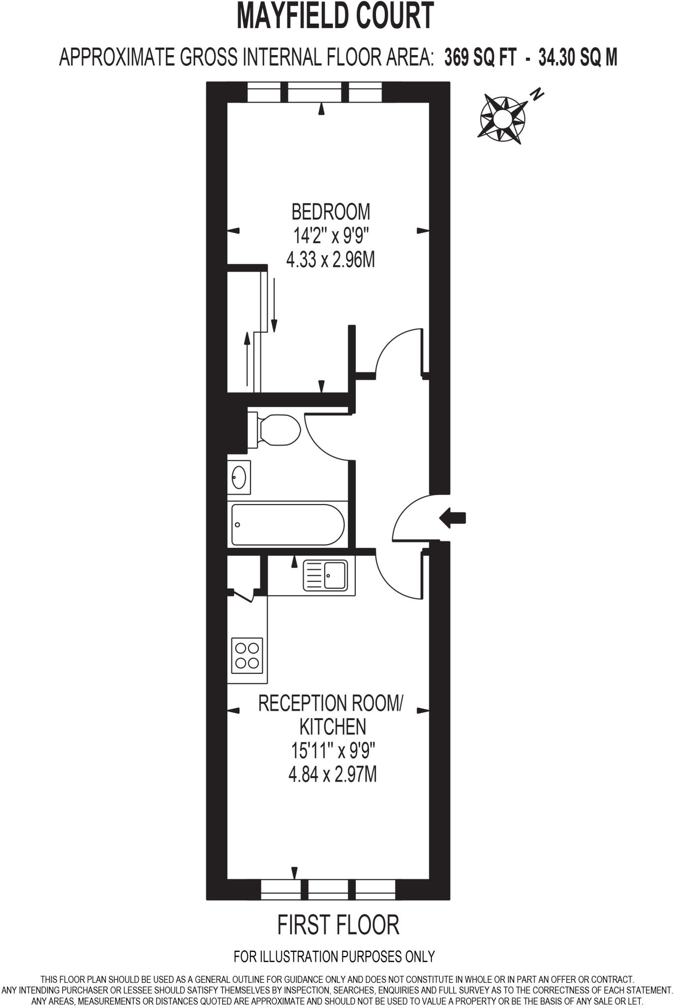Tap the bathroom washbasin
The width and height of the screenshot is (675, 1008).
click(x=239, y=477)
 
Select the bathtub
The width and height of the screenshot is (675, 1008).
click(x=288, y=525)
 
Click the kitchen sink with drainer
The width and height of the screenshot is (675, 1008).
click(x=326, y=575)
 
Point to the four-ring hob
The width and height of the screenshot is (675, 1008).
click(x=247, y=656)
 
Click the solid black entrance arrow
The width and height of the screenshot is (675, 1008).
click(x=452, y=518)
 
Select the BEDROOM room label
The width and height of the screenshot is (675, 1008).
click(x=331, y=212)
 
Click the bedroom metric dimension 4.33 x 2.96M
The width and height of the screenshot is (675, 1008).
click(x=331, y=259)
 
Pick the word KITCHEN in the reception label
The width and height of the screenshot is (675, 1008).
click(x=333, y=726)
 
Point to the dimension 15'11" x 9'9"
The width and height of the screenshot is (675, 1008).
click(x=333, y=751)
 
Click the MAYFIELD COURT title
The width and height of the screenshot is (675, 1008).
click(x=336, y=16)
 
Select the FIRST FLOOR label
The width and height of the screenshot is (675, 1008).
click(x=338, y=925)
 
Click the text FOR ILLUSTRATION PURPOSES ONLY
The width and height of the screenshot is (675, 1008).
click(x=334, y=956)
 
